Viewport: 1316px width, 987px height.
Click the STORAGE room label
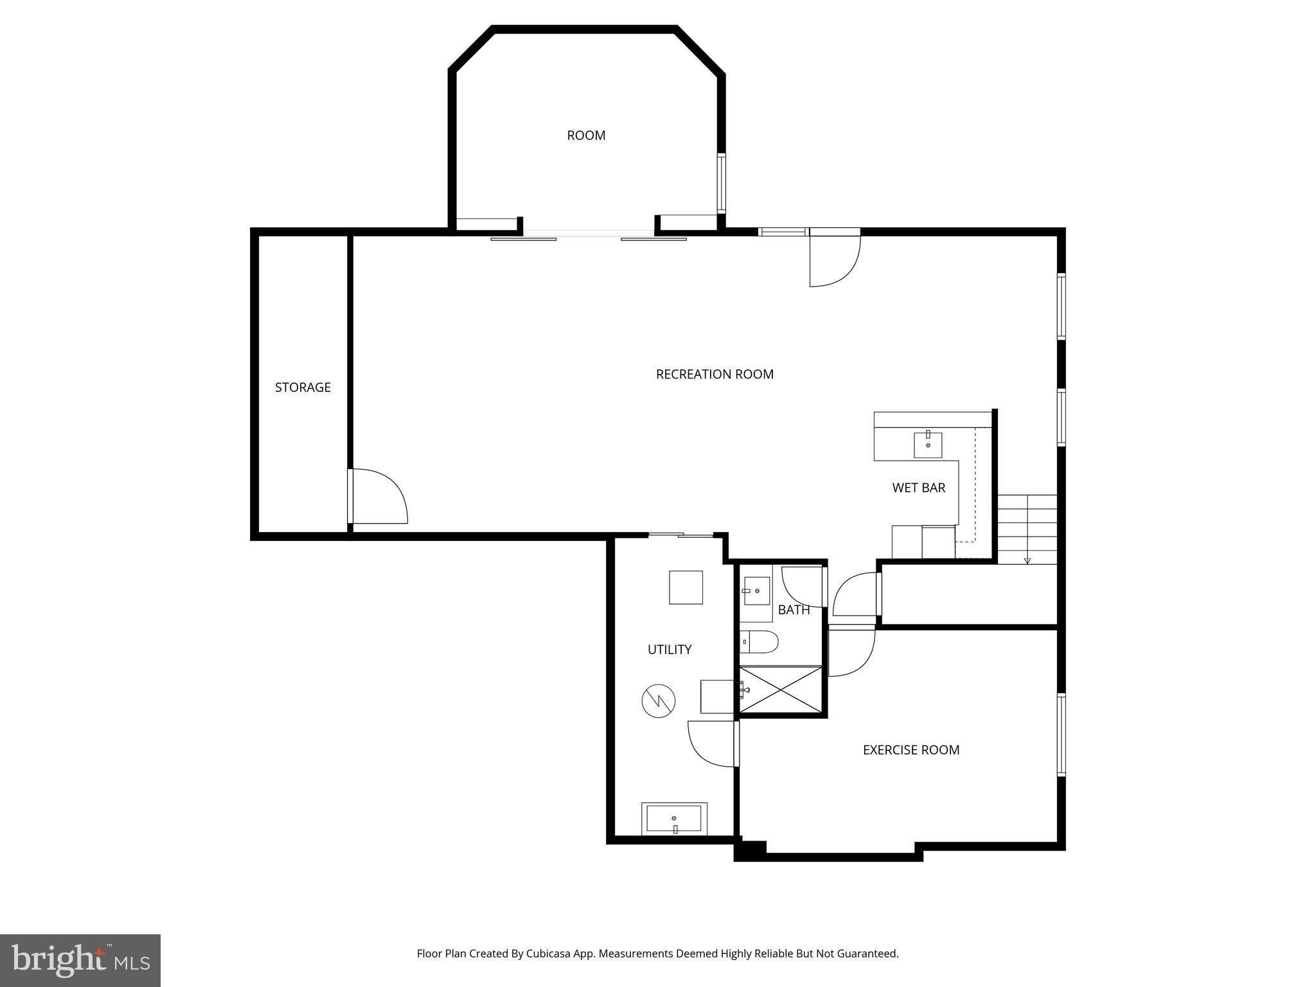[303, 387]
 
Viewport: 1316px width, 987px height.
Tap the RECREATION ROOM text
[715, 374]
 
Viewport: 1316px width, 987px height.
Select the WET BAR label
[918, 488]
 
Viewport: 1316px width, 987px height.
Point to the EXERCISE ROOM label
[911, 750]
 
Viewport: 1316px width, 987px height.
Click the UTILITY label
[669, 650]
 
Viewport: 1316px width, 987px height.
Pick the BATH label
[794, 610]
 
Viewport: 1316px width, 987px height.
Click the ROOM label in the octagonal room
[586, 136]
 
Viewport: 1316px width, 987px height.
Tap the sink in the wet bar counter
[928, 445]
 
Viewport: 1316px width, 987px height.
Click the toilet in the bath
[760, 641]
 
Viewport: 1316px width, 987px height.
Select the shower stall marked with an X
[781, 689]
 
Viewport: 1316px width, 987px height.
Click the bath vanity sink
[756, 591]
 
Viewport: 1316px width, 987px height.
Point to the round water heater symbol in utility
[659, 701]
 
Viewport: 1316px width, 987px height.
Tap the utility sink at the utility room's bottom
[674, 819]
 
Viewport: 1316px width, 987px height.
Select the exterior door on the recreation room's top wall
[834, 259]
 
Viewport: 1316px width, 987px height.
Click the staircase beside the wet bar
[1027, 529]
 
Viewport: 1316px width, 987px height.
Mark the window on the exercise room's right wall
[1062, 735]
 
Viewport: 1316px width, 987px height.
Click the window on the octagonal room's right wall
[721, 184]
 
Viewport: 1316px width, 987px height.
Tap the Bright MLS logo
[80, 960]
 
